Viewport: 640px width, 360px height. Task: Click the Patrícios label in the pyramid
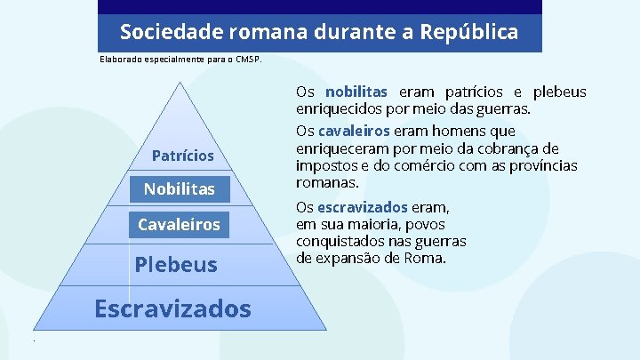coord(182,156)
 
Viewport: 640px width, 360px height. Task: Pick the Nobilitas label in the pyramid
coord(179,189)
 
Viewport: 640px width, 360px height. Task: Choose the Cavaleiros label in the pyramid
coord(179,225)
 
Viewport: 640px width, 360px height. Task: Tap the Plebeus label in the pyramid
coord(176,264)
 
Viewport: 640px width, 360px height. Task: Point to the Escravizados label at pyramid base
coord(172,308)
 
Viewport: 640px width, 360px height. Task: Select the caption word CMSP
coord(248,60)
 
